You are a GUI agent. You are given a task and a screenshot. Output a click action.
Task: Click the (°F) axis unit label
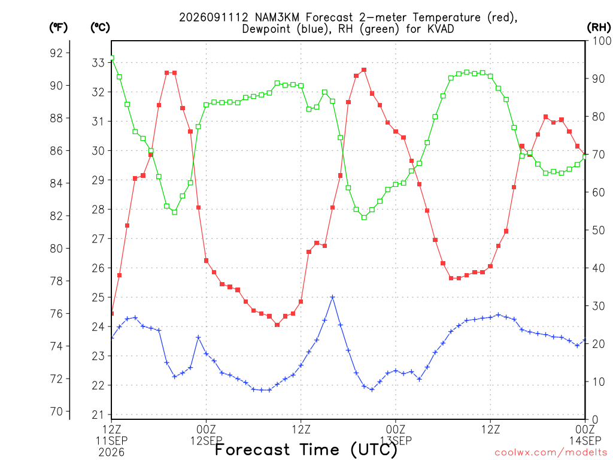point(58,28)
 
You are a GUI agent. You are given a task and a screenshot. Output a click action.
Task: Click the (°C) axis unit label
point(100,28)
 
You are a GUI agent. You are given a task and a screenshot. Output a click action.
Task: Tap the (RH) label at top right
point(599,28)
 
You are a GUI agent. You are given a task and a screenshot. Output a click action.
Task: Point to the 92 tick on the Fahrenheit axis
point(56,53)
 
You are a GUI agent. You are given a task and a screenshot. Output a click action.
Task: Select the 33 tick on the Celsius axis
point(98,62)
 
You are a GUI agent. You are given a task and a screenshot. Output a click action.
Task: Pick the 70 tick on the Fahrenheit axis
point(56,411)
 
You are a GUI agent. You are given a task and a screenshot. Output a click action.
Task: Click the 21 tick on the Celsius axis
point(98,414)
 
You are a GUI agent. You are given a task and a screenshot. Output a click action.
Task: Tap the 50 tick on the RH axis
point(599,230)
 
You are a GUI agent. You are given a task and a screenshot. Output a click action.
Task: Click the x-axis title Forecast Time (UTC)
point(306,450)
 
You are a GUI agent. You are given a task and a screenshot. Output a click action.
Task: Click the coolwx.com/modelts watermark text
point(552,453)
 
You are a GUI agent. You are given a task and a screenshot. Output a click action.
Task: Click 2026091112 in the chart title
point(214,17)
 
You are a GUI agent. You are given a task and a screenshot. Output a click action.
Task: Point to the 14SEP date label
point(585,441)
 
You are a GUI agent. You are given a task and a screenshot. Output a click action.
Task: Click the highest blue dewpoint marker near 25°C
point(332,297)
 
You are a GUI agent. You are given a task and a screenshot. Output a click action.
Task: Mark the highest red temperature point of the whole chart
point(364,70)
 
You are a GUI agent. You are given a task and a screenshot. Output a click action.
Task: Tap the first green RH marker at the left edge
point(111,58)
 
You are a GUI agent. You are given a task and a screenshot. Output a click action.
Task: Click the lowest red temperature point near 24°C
point(277,325)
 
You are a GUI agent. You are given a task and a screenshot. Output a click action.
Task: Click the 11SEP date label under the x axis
point(111,441)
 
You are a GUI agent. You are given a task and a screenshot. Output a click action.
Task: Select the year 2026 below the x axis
point(111,453)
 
